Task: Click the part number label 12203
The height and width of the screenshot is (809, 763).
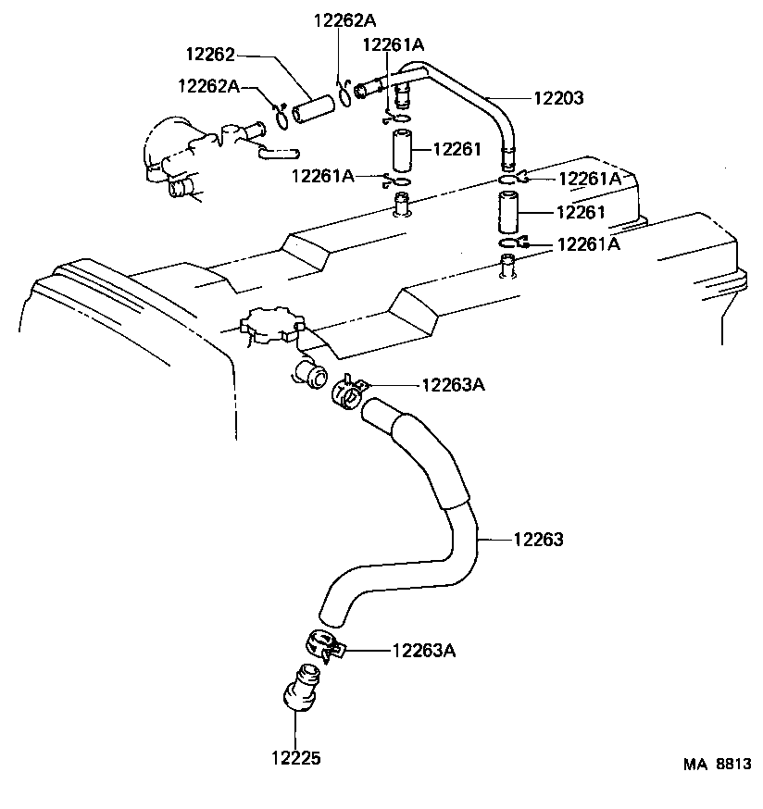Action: [x=558, y=97]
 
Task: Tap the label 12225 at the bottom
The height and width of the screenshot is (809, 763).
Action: [x=295, y=758]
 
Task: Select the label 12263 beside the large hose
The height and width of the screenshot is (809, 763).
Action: [x=538, y=539]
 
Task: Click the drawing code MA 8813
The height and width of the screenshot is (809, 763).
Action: [x=718, y=765]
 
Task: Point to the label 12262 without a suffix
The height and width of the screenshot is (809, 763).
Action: [x=210, y=56]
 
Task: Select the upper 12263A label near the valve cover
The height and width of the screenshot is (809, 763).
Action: [x=454, y=384]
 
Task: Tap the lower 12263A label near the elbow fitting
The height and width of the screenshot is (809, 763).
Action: [x=424, y=651]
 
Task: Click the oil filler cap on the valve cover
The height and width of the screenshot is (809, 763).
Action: [x=271, y=327]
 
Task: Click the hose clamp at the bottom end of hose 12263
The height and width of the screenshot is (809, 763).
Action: [x=321, y=644]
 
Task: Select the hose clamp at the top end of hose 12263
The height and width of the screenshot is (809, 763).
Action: [x=348, y=392]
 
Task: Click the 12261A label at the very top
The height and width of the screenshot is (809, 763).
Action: [x=394, y=44]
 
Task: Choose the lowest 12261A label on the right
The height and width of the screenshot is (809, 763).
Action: [x=588, y=244]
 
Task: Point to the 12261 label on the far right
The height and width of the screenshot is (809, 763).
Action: [x=581, y=212]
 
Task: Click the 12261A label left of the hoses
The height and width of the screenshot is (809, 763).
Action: [x=323, y=176]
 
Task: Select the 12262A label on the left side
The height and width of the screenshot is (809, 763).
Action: [x=209, y=85]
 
